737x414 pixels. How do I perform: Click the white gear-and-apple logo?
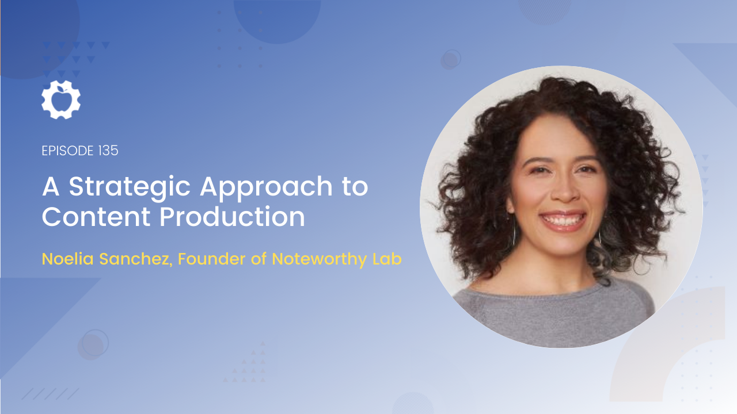61,99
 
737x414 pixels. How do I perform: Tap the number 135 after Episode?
108,151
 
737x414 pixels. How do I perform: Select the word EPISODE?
68,151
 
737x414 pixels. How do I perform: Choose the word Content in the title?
96,217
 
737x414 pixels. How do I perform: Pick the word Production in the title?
232,217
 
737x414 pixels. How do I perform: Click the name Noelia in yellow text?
68,259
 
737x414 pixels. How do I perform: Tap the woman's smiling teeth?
563,220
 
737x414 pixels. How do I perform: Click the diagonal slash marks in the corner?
50,394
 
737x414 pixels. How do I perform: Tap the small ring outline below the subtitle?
95,343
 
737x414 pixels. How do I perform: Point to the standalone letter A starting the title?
51,186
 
